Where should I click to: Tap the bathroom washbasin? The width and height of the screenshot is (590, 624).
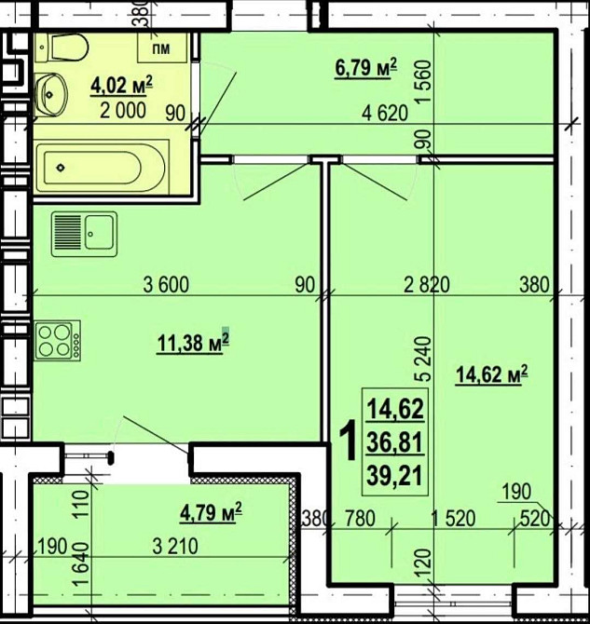tap(51, 95)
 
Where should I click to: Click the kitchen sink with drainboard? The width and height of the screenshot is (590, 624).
tap(84, 234)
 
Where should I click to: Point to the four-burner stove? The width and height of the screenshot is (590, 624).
tap(58, 341)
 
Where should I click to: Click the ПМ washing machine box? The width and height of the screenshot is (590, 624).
tap(162, 47)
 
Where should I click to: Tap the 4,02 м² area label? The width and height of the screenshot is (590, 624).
tap(122, 85)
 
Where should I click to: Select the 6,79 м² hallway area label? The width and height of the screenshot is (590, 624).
tap(366, 68)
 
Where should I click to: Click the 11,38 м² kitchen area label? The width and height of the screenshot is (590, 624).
tap(193, 343)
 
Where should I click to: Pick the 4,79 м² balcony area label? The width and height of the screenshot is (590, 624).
tap(212, 512)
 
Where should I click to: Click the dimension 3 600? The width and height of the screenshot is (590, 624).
tap(166, 285)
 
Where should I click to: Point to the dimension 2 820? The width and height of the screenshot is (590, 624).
tap(427, 285)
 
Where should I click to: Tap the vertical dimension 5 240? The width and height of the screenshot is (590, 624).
tap(424, 359)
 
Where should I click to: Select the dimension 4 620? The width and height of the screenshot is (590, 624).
tap(385, 113)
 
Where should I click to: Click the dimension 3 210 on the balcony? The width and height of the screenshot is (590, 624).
tap(175, 547)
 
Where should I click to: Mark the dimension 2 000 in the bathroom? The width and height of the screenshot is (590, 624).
tap(123, 110)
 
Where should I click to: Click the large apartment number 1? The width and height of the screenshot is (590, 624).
tap(348, 441)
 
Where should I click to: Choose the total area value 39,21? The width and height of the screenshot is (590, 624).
tap(394, 476)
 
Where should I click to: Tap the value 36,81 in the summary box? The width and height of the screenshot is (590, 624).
tap(394, 442)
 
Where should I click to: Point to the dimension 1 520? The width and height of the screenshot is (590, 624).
tap(454, 519)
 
